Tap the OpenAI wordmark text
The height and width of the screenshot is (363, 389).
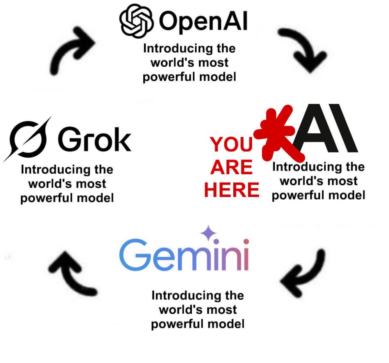203,22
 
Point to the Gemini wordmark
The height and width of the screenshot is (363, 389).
183,254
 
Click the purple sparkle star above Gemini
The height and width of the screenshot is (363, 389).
208,233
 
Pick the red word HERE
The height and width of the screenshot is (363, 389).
232,190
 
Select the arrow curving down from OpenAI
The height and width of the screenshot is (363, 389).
302,49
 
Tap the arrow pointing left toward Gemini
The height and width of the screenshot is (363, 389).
304,273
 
